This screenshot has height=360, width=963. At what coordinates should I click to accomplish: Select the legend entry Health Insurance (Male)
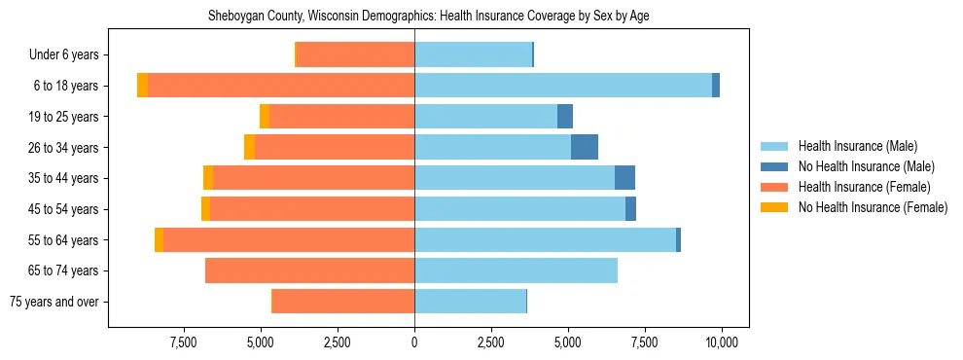[857, 146]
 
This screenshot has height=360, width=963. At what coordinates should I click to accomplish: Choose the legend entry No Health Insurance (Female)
[873, 207]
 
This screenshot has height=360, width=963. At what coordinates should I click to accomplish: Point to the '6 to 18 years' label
[66, 86]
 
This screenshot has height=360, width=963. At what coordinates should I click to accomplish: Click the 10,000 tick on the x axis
[722, 342]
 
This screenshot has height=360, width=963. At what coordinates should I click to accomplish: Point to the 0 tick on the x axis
[414, 342]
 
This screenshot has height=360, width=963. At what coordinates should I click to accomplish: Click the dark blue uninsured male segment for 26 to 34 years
[584, 147]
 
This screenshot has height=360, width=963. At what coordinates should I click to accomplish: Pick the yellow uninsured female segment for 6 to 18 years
[143, 86]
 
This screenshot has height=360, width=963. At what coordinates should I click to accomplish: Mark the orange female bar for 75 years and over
[343, 302]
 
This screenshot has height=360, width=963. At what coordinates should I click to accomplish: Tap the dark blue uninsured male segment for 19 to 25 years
[565, 117]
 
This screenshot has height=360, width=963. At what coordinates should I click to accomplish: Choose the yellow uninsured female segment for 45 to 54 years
[205, 209]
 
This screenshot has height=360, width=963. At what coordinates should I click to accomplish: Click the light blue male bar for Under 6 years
[473, 55]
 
